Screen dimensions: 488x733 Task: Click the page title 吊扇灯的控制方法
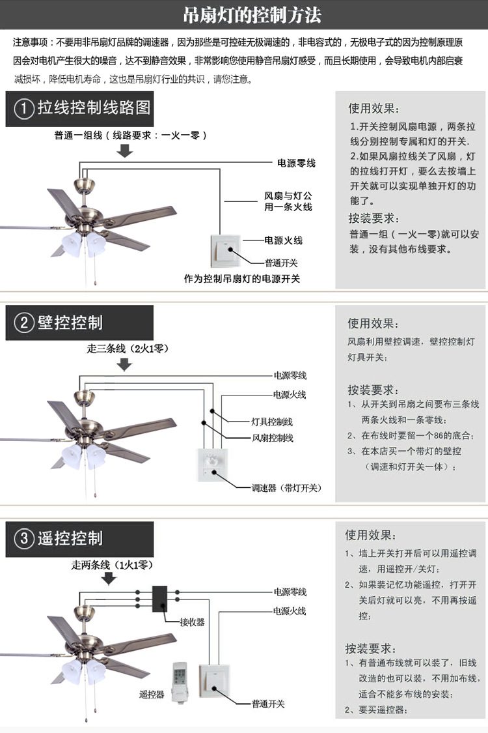click(x=252, y=15)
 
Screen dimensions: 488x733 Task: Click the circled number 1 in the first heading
click(x=24, y=108)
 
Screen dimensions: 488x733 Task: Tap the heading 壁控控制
click(x=70, y=323)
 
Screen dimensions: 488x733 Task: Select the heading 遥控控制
click(x=70, y=539)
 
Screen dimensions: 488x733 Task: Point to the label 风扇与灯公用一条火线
click(x=288, y=201)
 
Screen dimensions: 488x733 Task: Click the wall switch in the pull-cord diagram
click(x=226, y=250)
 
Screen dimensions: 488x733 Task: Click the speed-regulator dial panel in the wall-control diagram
click(x=213, y=465)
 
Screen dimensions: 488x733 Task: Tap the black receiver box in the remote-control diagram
click(x=159, y=599)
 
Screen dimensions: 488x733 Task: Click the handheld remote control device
click(x=180, y=682)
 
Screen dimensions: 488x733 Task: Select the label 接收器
click(x=193, y=622)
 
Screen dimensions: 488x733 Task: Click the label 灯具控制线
click(x=272, y=422)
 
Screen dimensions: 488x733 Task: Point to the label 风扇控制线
click(x=273, y=438)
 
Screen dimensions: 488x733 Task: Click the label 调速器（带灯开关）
click(x=287, y=488)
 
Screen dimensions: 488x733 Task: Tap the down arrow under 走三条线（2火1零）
click(x=124, y=365)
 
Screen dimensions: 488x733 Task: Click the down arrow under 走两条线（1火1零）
click(x=109, y=579)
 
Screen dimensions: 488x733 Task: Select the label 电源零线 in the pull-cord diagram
click(x=297, y=163)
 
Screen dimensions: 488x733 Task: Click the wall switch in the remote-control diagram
click(x=215, y=683)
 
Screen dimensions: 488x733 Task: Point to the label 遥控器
click(x=152, y=694)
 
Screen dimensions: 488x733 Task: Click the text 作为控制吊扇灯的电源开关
click(x=242, y=279)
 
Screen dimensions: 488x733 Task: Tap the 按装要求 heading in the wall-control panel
click(x=373, y=390)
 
